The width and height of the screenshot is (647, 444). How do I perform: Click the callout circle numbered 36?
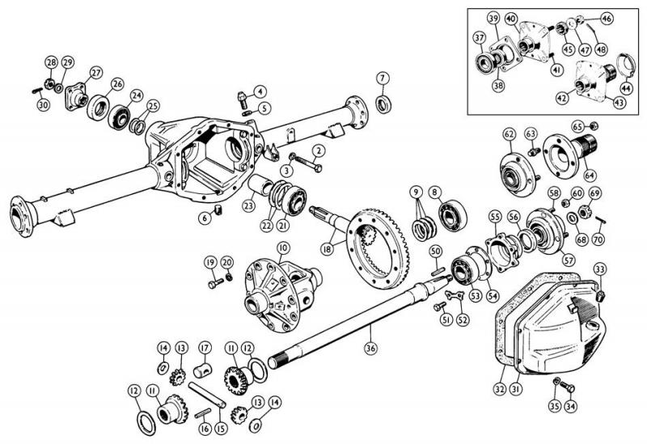point(370,349)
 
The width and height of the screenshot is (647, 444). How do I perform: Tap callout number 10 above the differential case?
point(283,248)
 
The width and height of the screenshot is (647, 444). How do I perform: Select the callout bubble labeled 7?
point(383,78)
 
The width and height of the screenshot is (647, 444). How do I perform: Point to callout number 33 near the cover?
point(600,269)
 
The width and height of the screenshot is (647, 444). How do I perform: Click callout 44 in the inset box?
point(625,88)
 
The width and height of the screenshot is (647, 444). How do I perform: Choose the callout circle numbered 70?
point(598,239)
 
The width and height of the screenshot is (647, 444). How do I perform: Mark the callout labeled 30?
point(43,105)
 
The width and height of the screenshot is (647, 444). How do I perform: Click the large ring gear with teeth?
point(378,247)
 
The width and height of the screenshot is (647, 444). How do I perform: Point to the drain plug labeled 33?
point(600,295)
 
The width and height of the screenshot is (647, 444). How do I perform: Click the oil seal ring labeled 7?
point(383,104)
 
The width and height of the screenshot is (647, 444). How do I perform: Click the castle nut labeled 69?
point(585,212)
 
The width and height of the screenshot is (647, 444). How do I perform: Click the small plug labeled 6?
point(218,209)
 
